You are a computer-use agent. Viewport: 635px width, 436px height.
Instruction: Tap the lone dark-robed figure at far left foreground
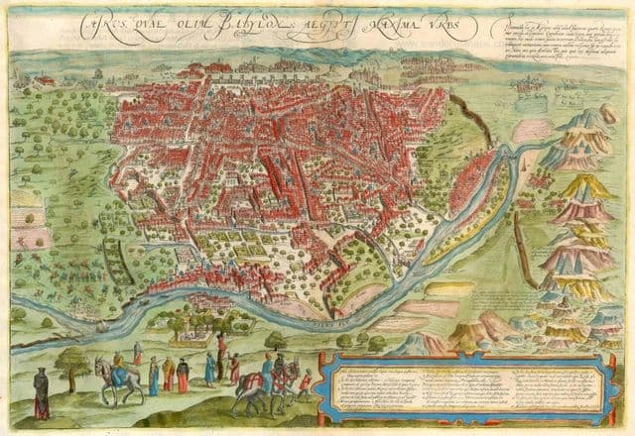click(x=41, y=392)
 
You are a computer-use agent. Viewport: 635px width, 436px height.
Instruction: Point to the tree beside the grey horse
click(x=72, y=365)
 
